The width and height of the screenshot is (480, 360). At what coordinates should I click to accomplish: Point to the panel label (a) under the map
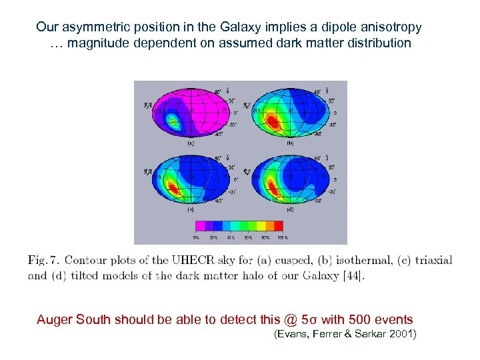point(191,143)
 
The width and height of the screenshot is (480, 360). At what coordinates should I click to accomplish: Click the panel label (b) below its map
point(291,143)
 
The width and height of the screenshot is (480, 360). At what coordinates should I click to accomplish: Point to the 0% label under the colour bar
point(196,237)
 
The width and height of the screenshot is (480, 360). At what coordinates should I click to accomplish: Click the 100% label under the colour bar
point(282,237)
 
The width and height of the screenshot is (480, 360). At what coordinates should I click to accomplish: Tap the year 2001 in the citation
point(401,333)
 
